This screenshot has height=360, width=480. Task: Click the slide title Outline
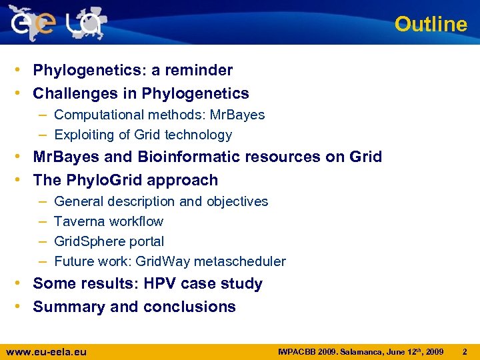[x=431, y=24]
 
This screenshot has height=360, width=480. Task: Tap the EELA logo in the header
[x=57, y=23]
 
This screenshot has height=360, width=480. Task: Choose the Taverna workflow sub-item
[x=108, y=221]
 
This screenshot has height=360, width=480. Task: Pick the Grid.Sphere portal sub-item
[x=109, y=241]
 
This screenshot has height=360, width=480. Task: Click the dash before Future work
[x=42, y=261]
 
